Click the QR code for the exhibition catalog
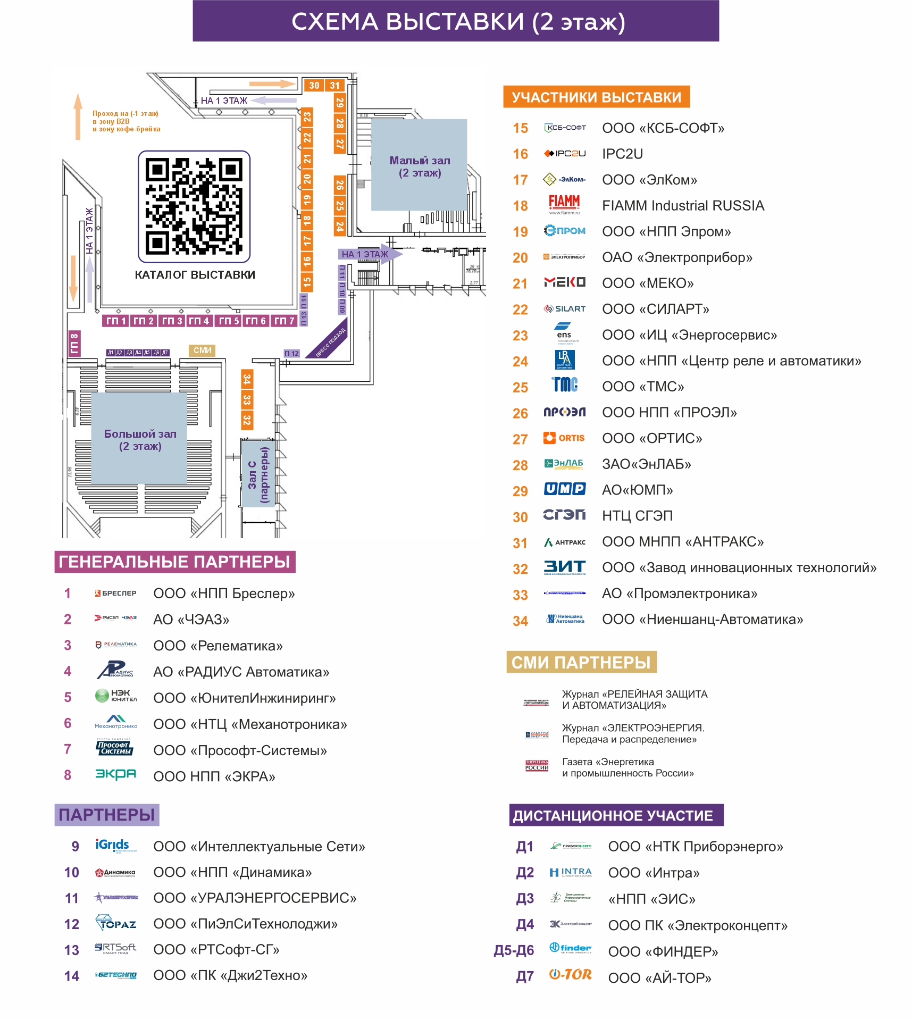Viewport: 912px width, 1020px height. click(194, 206)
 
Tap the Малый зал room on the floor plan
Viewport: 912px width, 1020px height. click(419, 165)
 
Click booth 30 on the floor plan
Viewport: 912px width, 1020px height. click(314, 85)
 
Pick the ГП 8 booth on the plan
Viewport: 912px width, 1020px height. click(74, 343)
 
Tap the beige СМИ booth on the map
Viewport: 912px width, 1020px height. click(202, 350)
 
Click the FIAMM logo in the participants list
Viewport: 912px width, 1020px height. click(564, 204)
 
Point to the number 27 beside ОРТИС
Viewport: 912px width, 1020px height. click(520, 439)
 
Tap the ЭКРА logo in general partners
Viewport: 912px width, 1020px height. click(115, 774)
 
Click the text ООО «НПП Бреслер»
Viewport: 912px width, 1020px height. click(224, 593)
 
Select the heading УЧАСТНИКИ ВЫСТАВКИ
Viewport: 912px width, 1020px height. click(596, 97)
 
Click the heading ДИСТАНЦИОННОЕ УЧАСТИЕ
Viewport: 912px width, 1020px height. click(616, 815)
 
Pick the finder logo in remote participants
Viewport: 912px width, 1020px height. click(570, 948)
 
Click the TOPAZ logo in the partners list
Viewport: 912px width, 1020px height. click(115, 923)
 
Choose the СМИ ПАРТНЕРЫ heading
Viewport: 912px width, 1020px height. click(581, 662)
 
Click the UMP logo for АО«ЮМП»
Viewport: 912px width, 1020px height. click(564, 489)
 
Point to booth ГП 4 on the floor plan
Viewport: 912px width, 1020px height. click(199, 321)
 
